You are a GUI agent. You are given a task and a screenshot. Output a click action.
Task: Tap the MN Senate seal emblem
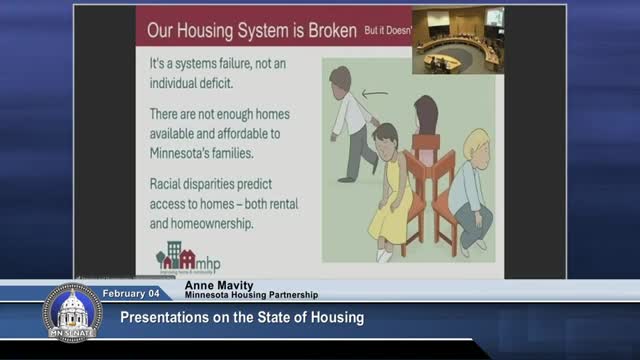coord(72,312)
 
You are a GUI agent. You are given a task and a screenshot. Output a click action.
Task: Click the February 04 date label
coord(132,293)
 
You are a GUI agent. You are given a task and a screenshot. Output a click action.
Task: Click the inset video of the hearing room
coord(458,41)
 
